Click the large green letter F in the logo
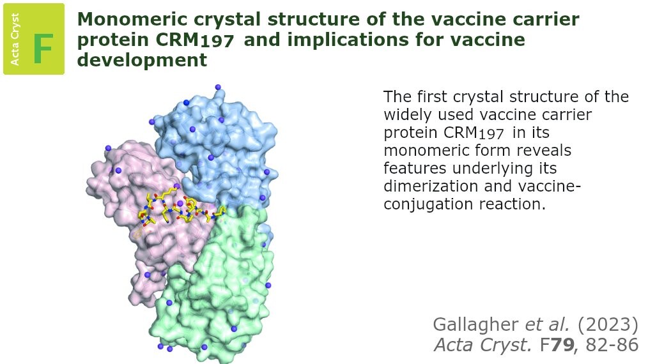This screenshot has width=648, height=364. [43, 49]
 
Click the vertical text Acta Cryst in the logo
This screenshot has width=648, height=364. [15, 39]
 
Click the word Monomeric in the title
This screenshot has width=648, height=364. [133, 19]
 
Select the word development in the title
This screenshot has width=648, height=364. [142, 60]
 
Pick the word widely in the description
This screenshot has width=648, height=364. [408, 114]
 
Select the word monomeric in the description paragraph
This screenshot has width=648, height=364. [426, 151]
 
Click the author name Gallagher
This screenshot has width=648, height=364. [475, 325]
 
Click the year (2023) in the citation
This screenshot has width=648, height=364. [608, 325]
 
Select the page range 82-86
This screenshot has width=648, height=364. [612, 345]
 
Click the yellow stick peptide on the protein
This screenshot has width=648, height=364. [182, 209]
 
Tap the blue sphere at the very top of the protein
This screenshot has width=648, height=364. [218, 87]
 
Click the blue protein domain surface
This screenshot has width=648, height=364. [223, 144]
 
